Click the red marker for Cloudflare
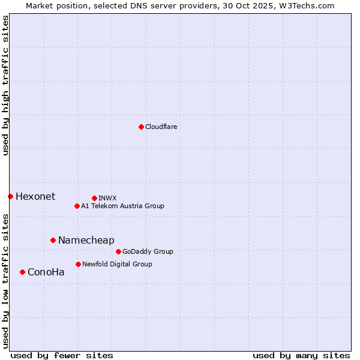click(141, 127)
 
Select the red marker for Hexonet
click(10, 196)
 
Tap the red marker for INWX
click(94, 198)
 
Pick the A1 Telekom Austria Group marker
click(77, 206)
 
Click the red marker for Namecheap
click(53, 240)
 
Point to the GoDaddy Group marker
click(118, 251)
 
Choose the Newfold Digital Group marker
click(78, 264)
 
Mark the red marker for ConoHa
click(22, 272)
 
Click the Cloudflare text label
click(161, 127)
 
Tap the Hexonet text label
click(35, 196)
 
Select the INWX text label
click(107, 198)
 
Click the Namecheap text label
click(86, 240)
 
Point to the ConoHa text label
click(46, 272)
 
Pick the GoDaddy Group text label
click(148, 251)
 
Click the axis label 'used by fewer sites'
click(62, 355)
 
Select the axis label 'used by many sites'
click(301, 355)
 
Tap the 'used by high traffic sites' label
click(5, 85)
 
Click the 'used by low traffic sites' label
click(5, 280)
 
